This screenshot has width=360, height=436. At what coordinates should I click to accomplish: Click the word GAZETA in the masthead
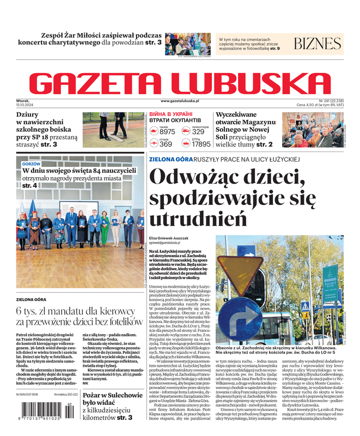point(101,83)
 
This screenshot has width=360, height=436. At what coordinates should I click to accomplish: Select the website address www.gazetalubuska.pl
point(180,101)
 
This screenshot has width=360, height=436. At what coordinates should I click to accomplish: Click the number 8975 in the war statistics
point(167,132)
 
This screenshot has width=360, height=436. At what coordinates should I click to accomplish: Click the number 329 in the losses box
point(198,132)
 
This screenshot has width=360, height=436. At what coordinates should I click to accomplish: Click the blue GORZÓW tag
point(31,163)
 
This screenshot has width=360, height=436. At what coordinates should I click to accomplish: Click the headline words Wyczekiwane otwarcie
point(243,119)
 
